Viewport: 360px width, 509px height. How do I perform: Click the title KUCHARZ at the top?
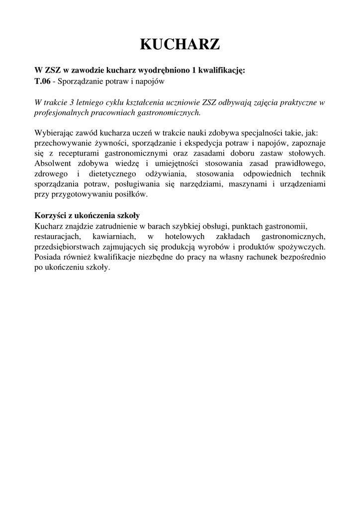click(180, 45)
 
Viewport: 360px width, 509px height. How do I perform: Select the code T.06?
click(42, 81)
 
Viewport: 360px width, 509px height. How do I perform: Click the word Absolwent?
click(53, 164)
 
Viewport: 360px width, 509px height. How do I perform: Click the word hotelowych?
click(182, 236)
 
